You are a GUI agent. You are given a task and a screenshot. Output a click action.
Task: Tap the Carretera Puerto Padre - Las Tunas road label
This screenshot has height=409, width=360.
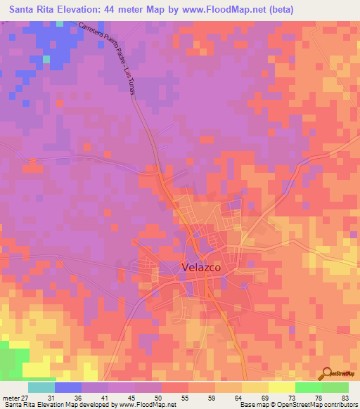(106, 61)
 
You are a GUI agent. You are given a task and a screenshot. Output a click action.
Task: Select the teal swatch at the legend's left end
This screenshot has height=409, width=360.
(41, 387)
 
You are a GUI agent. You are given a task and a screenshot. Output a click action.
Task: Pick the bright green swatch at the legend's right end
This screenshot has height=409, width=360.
(335, 387)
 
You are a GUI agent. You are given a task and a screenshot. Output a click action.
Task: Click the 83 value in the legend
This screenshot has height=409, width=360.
(345, 397)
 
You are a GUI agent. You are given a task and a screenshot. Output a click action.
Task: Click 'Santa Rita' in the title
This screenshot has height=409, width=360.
(32, 9)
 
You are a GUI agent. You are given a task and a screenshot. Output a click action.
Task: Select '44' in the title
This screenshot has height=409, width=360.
(106, 9)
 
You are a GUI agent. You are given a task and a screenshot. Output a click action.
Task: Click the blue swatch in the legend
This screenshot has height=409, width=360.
(67, 387)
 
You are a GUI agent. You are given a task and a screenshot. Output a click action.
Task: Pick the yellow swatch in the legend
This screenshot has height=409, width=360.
(281, 387)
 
